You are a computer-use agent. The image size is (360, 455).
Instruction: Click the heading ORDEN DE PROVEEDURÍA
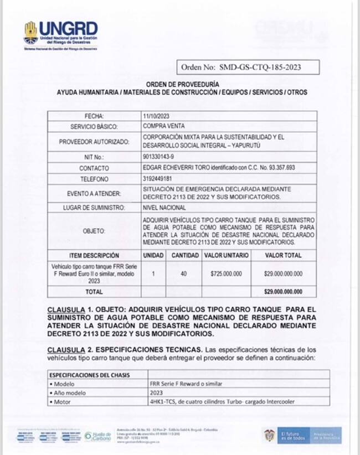(x=182, y=84)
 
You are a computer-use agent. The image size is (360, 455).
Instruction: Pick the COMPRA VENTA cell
(x=164, y=126)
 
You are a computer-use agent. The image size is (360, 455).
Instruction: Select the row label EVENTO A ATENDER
(x=94, y=193)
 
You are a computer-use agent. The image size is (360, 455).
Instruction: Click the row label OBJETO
(x=94, y=231)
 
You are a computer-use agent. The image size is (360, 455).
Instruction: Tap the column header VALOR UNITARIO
(x=226, y=256)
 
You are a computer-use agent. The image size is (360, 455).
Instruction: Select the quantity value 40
(x=184, y=273)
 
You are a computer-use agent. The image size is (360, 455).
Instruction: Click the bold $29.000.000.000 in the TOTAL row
(x=284, y=291)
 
